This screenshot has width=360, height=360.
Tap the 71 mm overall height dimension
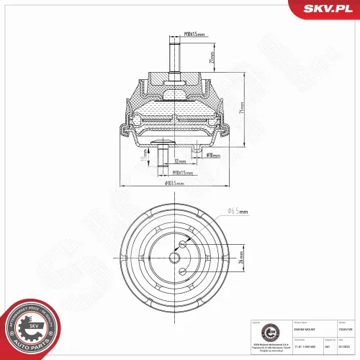coord(243,107)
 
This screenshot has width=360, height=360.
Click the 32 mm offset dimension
coord(177,162)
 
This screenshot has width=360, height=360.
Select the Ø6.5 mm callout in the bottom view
coord(238,211)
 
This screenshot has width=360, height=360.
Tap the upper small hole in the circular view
coord(183,243)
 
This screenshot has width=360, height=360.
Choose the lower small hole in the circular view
coord(183,271)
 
